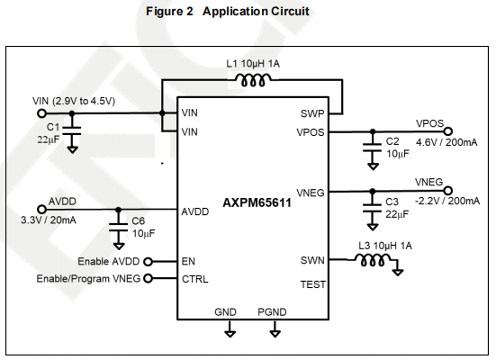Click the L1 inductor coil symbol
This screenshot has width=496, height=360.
[x=253, y=80]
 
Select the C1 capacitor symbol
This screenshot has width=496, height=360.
[x=72, y=131]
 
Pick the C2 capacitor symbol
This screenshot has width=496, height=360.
[x=373, y=148]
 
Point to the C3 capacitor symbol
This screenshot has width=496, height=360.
[x=373, y=208]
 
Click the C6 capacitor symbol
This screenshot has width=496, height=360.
[x=118, y=227]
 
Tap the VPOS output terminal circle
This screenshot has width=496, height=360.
[x=448, y=131]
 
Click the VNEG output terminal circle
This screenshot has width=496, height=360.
[x=448, y=191]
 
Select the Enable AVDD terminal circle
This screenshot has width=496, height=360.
[x=148, y=262]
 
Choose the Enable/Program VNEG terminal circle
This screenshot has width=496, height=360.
[x=148, y=278]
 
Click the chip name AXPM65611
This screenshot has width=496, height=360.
[x=257, y=202]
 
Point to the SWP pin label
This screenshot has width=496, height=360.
[x=312, y=113]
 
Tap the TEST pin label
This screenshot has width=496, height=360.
[x=313, y=284]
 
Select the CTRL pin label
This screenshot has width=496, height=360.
[x=195, y=279]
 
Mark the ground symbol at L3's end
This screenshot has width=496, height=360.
[x=398, y=272]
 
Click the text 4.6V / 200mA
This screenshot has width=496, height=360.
[x=446, y=142]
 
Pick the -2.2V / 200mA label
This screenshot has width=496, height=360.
[x=447, y=202]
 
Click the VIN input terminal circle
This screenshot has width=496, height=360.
[x=41, y=112]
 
